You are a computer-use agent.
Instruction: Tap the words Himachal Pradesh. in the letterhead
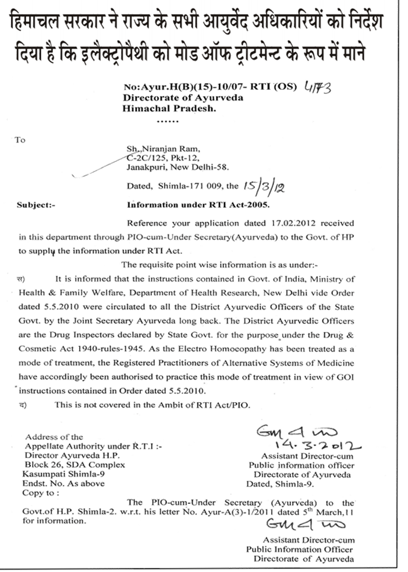pyautogui.click(x=161, y=108)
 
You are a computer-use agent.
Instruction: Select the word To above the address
pyautogui.click(x=20, y=140)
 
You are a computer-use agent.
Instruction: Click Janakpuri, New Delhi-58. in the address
pyautogui.click(x=178, y=166)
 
